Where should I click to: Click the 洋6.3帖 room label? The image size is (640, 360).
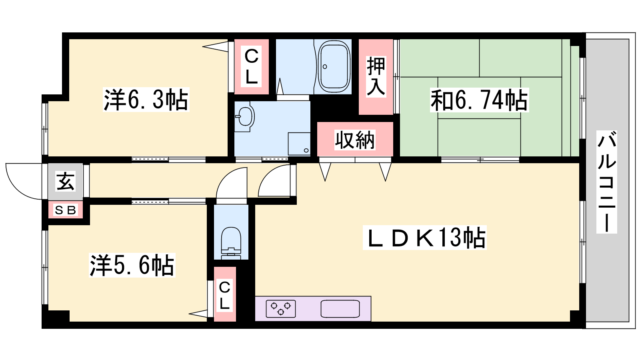[146, 100]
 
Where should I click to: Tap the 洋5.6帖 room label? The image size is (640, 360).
[132, 265]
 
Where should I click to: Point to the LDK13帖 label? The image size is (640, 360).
[424, 238]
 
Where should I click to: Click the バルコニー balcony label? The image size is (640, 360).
[606, 182]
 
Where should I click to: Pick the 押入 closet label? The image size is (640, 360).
[376, 76]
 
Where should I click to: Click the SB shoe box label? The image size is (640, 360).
[66, 210]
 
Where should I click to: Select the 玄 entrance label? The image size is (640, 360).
[66, 182]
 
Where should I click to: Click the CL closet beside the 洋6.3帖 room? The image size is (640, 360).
[252, 66]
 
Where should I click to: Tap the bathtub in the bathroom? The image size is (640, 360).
[334, 66]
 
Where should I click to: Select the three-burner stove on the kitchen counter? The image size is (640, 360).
[280, 308]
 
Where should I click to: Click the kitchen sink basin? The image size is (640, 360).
[340, 308]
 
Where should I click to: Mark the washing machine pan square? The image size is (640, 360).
[299, 144]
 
